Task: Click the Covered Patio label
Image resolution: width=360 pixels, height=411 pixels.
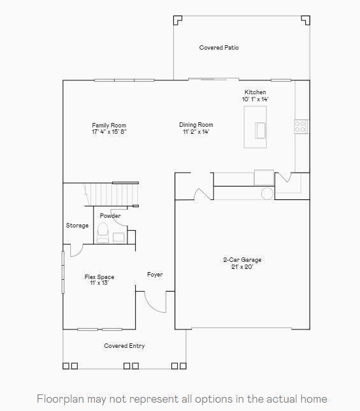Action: click(219, 48)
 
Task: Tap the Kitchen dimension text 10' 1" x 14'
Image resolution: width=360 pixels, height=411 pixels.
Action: click(256, 99)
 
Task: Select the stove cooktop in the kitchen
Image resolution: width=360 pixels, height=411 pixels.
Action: click(301, 127)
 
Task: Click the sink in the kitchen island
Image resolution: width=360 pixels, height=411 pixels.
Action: click(260, 131)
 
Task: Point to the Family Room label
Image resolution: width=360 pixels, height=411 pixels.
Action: click(109, 126)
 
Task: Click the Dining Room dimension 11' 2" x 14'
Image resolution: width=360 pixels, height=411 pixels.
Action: click(196, 132)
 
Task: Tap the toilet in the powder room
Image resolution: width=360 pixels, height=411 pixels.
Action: click(103, 233)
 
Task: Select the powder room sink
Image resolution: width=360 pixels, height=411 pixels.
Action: click(119, 238)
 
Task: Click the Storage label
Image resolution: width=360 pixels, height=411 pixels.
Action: click(77, 226)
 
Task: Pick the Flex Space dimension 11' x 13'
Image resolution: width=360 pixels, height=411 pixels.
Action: click(99, 283)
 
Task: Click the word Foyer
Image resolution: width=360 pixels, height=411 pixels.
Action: click(155, 275)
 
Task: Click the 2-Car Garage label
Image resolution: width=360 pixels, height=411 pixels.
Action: click(242, 260)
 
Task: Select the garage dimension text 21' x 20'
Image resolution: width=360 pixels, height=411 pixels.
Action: click(242, 267)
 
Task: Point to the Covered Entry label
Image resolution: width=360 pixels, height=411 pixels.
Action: click(124, 346)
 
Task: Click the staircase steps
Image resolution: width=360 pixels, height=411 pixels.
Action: click(112, 194)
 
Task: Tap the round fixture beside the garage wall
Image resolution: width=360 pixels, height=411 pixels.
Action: click(267, 194)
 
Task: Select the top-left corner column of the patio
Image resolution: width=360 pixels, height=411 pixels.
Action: click(178, 20)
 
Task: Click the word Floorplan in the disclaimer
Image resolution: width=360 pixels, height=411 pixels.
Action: click(61, 399)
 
